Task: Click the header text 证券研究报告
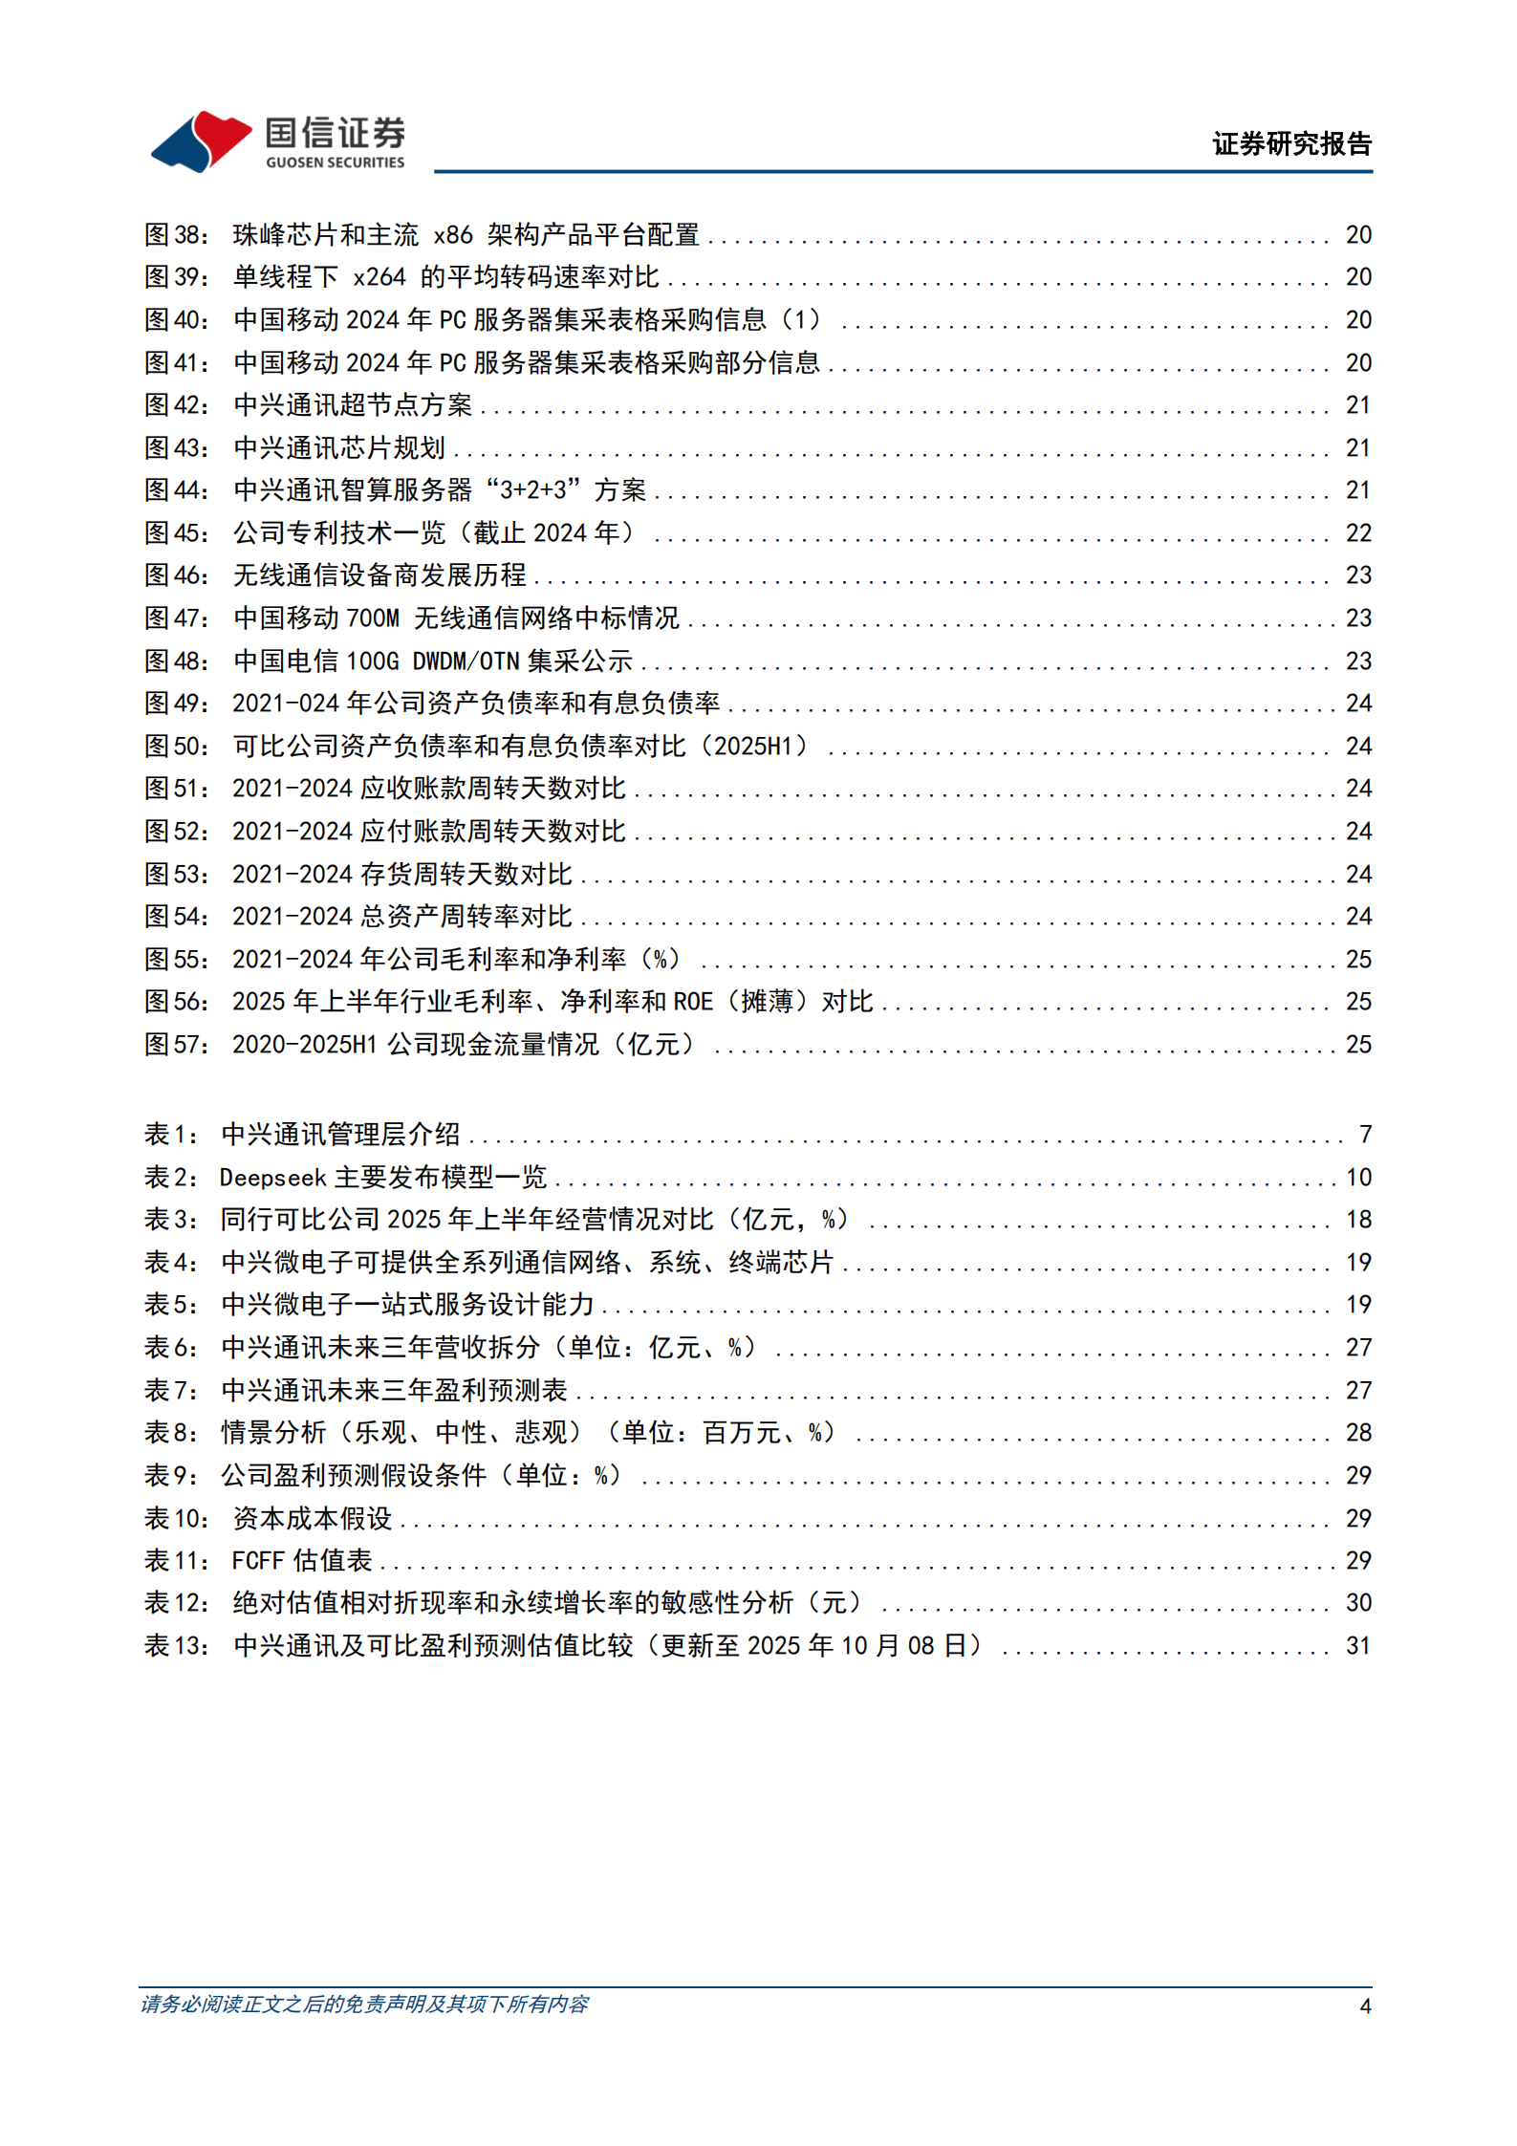tap(1291, 144)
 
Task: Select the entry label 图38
tap(175, 235)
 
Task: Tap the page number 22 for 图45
tap(1358, 533)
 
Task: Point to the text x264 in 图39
tap(379, 277)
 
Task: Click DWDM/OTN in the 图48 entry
tap(466, 661)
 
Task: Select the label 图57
tap(175, 1045)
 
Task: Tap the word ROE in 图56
tap(693, 1002)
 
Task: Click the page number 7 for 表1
tap(1366, 1135)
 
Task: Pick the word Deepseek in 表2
tap(272, 1178)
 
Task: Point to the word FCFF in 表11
tap(258, 1561)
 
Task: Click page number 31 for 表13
tap(1358, 1646)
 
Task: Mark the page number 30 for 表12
tap(1358, 1603)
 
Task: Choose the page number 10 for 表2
tap(1358, 1178)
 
